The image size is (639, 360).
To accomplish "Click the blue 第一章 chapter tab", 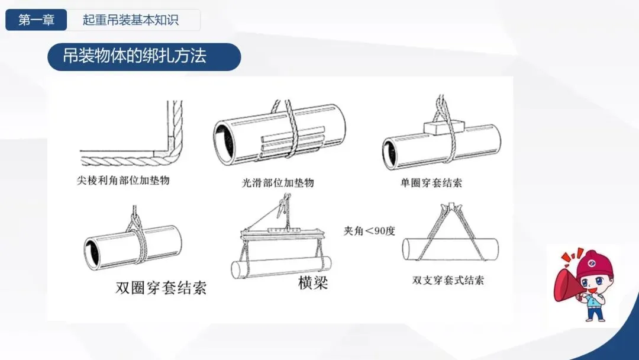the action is [x=36, y=20].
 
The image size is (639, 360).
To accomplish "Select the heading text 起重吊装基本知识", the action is [x=130, y=20].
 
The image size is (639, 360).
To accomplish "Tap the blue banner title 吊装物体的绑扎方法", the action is [x=134, y=56].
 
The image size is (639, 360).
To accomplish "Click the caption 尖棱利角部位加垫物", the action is [x=123, y=180].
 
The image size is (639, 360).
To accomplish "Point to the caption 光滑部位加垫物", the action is [x=278, y=182].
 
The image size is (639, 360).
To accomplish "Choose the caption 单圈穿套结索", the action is [x=431, y=182].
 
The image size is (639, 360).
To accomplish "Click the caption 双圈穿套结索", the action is [x=161, y=287].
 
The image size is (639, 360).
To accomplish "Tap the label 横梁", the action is [x=313, y=282].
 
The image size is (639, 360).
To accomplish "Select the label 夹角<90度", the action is [x=369, y=231].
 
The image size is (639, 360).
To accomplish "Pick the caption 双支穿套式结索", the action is [x=448, y=280].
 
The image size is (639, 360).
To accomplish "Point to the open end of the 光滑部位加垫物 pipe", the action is [x=225, y=140].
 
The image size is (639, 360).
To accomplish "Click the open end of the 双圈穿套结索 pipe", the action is [x=92, y=253].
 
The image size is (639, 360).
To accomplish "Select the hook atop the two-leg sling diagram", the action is [x=450, y=206].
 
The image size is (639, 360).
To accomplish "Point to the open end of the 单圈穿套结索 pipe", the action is [x=390, y=154].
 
